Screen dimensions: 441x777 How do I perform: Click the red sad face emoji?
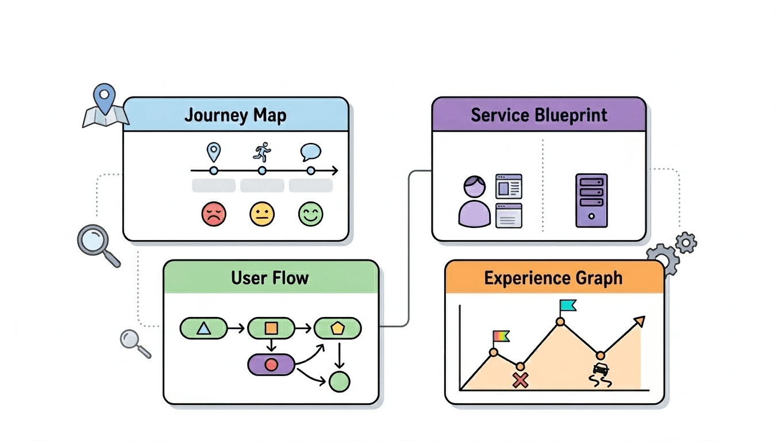coord(214,214)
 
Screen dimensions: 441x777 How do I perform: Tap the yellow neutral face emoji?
coord(262,214)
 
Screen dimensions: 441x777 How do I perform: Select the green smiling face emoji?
coord(311,214)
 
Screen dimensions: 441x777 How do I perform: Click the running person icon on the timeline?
coord(262,152)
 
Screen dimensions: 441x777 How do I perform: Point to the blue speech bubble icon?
coord(310,152)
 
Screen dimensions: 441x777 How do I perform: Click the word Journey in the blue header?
coord(211,115)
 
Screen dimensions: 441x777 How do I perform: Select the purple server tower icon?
coord(591,200)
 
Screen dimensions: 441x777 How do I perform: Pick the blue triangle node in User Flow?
coord(203,328)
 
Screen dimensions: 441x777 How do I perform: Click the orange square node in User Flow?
coord(271,328)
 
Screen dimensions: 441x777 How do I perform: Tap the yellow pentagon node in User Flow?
coord(337,328)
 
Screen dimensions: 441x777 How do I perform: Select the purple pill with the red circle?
coord(271,365)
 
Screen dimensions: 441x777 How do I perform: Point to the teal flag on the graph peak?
coord(568,305)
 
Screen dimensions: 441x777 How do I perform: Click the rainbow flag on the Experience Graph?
coord(501,336)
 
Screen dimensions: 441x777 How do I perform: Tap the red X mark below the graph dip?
coord(520,380)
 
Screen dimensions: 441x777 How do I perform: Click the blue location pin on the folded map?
coord(104,98)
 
